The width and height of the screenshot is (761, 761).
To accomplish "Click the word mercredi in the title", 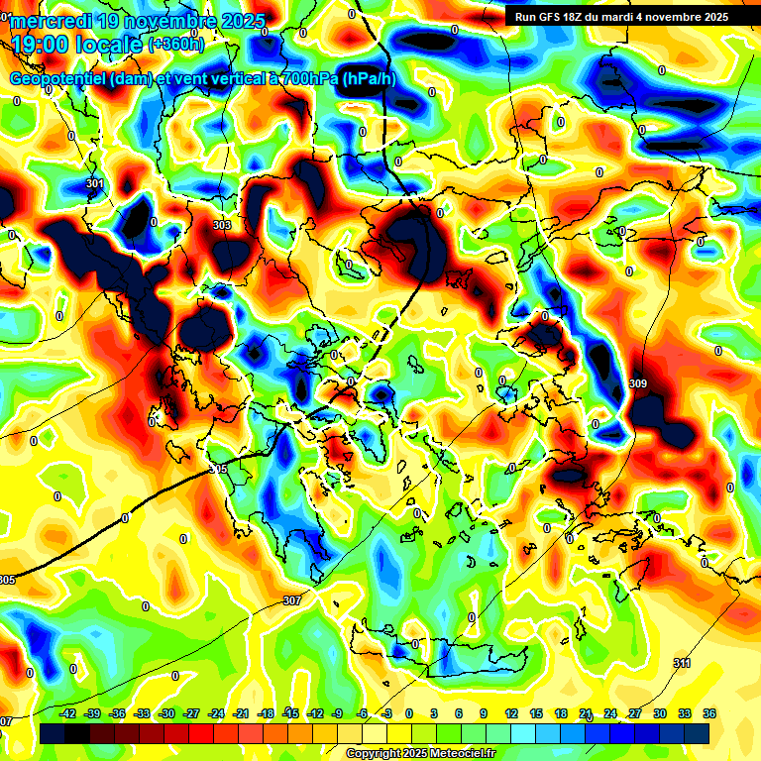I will pyautogui.click(x=51, y=20).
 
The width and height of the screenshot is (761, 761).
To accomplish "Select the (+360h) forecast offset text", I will pyautogui.click(x=176, y=44).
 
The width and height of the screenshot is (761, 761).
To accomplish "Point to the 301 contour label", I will pyautogui.click(x=94, y=183).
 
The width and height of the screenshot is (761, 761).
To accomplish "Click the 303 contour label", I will pyautogui.click(x=222, y=225).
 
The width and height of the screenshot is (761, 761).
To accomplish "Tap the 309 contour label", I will pyautogui.click(x=638, y=383).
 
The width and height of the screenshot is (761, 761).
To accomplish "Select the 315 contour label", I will pyautogui.click(x=218, y=469).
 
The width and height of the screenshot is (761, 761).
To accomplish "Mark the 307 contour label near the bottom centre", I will pyautogui.click(x=291, y=600).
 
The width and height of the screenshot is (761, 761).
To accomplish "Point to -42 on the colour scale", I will pyautogui.click(x=68, y=713).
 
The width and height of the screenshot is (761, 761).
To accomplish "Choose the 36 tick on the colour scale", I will pyautogui.click(x=709, y=713).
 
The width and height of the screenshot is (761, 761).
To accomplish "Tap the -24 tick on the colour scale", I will pyautogui.click(x=216, y=713).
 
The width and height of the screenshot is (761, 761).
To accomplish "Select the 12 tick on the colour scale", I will pyautogui.click(x=511, y=713).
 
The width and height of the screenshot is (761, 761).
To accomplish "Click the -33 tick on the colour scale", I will pyautogui.click(x=142, y=713).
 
